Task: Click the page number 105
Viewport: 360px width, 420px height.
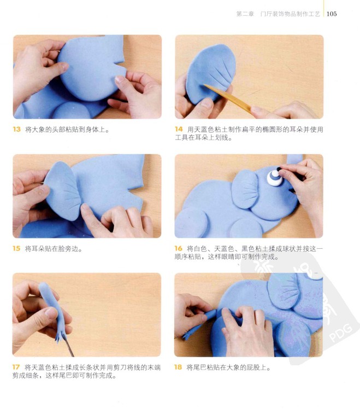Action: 332,14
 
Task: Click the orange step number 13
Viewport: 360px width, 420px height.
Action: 16,130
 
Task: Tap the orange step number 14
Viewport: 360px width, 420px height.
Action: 179,129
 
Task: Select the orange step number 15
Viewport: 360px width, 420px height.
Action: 16,248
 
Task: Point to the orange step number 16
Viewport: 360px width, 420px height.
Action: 178,248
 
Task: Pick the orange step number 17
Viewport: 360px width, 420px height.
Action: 16,367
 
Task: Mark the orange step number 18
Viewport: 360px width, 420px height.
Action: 178,367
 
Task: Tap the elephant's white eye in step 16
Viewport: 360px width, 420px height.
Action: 274,177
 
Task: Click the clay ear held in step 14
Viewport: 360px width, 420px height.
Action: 210,73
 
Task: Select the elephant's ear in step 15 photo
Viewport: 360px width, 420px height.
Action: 63,190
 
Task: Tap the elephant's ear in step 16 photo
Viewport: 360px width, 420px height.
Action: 245,189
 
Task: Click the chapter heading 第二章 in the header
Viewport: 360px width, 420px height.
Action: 245,14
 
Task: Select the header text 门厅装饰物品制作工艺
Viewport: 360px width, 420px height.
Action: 290,14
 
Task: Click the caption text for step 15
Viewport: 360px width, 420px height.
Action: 54,249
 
